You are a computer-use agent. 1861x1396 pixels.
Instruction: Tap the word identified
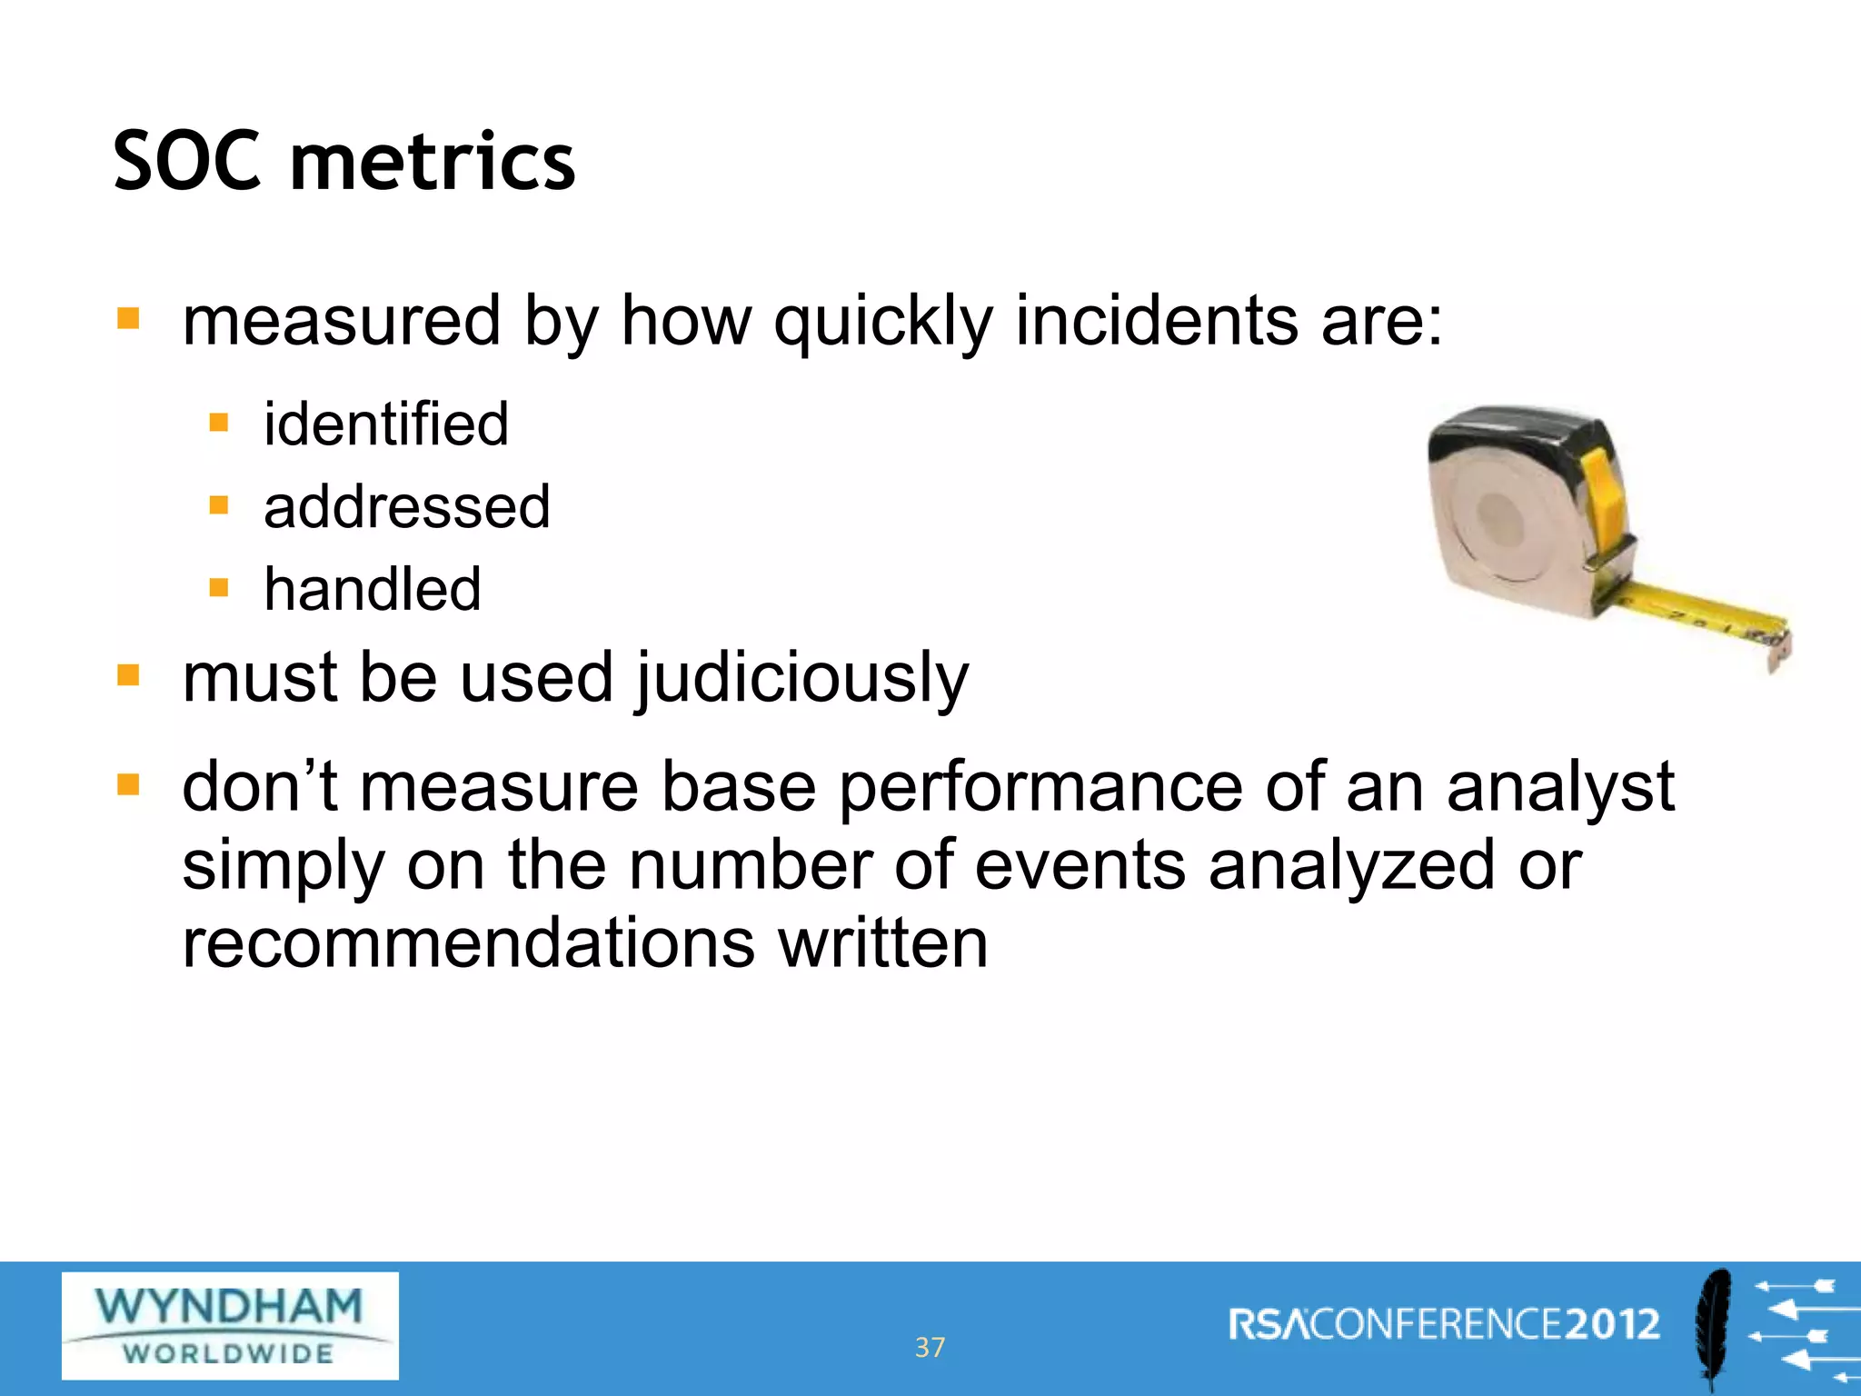(386, 424)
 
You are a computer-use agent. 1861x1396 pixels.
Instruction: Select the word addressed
(407, 506)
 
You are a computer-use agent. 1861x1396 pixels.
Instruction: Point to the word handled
(373, 589)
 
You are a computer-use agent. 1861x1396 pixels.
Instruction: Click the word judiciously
(802, 680)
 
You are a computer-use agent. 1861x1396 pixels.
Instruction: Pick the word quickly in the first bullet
(883, 323)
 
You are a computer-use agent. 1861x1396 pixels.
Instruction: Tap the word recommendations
(468, 942)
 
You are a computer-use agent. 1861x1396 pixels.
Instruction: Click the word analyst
(1559, 787)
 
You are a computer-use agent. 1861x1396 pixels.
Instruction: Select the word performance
(1040, 787)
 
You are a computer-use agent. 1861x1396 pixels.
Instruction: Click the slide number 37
(930, 1347)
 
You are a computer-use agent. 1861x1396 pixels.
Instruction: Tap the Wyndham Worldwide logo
(230, 1326)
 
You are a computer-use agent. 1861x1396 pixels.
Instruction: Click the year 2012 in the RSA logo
(1613, 1324)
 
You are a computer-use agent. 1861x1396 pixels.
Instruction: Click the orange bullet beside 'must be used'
(128, 675)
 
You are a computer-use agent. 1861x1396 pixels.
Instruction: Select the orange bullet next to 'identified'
(218, 423)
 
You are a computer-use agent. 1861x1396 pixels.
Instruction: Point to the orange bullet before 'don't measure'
(128, 784)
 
